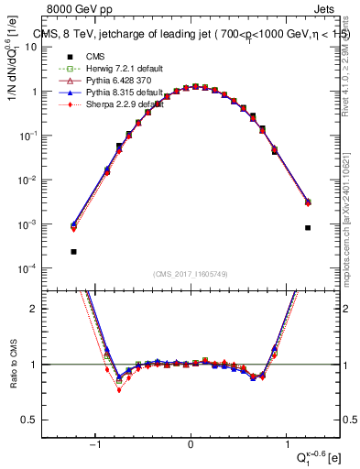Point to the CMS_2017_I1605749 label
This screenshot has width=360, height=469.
pyautogui.click(x=190, y=274)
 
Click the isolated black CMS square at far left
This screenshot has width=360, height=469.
pyautogui.click(x=73, y=251)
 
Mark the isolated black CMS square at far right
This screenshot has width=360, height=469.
pyautogui.click(x=308, y=228)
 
